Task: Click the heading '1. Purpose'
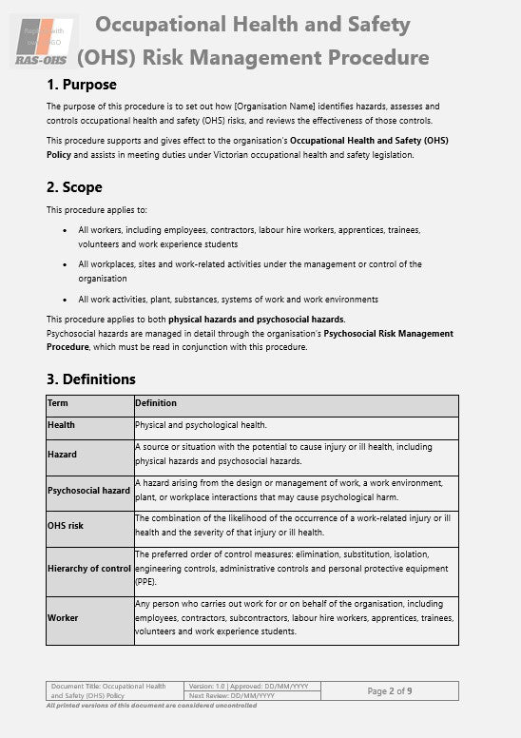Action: click(82, 85)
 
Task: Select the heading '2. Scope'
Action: click(74, 187)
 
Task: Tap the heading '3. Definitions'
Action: click(91, 379)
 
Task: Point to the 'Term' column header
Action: click(58, 403)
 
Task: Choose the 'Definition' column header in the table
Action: click(156, 403)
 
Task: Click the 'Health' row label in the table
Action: click(62, 425)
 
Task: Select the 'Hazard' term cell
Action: click(63, 455)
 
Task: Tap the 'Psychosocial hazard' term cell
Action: click(88, 491)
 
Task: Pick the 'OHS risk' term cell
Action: click(66, 526)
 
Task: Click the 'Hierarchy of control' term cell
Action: click(88, 569)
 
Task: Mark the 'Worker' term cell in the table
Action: click(63, 618)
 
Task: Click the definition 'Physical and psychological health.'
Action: click(201, 425)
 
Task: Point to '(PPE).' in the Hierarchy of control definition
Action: click(148, 580)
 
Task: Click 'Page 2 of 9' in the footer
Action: click(389, 690)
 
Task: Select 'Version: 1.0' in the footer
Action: click(206, 686)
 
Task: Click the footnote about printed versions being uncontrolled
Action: click(151, 706)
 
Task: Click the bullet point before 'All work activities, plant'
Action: click(65, 300)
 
